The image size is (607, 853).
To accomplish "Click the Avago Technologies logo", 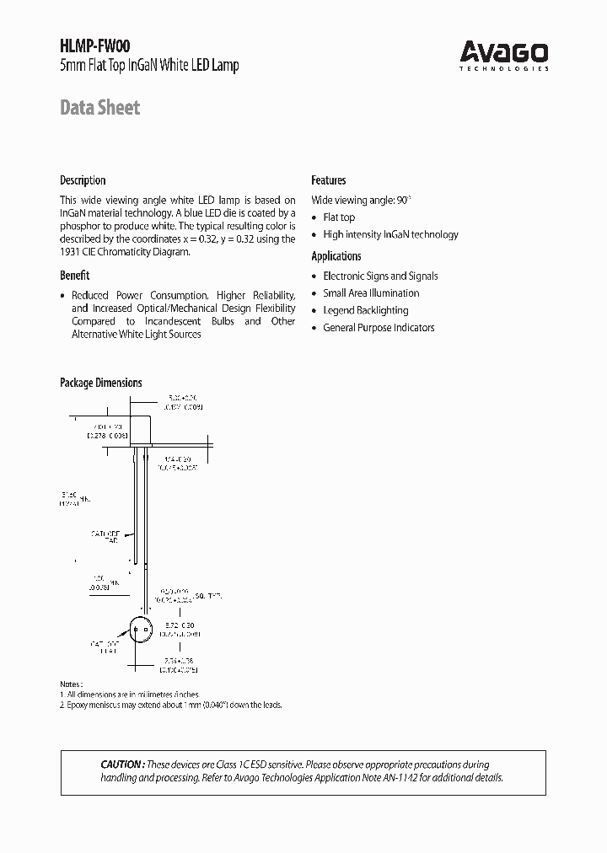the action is [504, 56].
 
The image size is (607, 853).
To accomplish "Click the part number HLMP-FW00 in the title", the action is [95, 48].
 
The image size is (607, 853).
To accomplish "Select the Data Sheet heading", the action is [99, 108].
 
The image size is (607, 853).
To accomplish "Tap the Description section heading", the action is [83, 180].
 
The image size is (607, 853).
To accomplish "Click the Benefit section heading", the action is [74, 275].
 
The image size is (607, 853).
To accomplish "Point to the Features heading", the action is [329, 180].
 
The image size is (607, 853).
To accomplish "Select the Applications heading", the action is [336, 256].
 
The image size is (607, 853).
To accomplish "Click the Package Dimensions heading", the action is [100, 383].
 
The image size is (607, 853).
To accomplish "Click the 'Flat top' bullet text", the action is [339, 217].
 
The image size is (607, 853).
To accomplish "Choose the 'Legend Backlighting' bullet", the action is [365, 310].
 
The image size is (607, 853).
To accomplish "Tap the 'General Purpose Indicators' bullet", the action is [379, 328].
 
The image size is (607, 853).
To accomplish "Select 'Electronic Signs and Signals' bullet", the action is [380, 276].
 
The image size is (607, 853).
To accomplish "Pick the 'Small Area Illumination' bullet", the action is [371, 293].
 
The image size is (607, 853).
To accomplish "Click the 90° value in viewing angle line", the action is [404, 200].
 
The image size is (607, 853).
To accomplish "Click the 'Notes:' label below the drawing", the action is [71, 684].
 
